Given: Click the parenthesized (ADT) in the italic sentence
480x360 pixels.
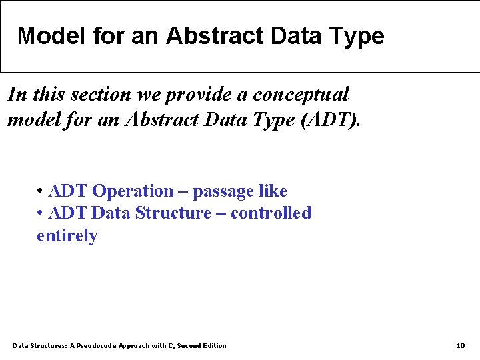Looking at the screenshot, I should click(x=331, y=120).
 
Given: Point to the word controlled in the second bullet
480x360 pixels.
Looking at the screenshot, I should click(x=271, y=213).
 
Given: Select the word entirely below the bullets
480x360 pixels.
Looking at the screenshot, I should click(x=67, y=236).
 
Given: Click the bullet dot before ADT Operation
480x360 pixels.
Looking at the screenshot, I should click(x=41, y=192).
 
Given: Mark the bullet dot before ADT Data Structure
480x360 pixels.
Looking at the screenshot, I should click(x=41, y=214).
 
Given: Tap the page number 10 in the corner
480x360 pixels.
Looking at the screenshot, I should click(x=461, y=345).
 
